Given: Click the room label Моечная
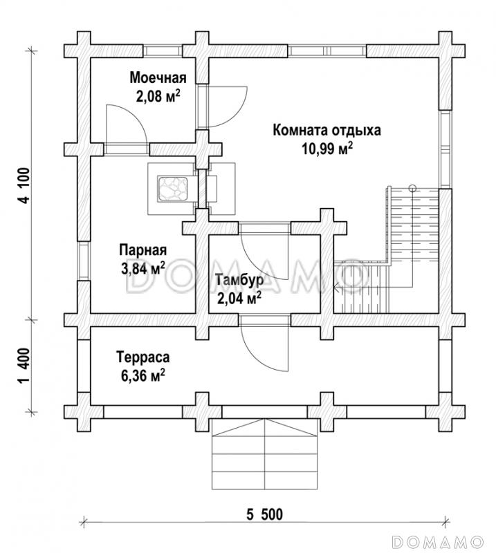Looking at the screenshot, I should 158,77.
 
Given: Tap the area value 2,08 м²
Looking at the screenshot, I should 158,96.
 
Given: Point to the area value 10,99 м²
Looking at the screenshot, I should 327,149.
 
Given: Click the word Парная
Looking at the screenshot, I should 143,250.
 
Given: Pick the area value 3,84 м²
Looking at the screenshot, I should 143,268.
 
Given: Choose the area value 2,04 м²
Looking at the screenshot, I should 238,299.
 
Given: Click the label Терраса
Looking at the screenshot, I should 143,357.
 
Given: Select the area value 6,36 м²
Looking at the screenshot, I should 143,376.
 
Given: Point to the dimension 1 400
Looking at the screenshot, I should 26,366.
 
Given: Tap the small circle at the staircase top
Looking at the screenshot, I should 412,186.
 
